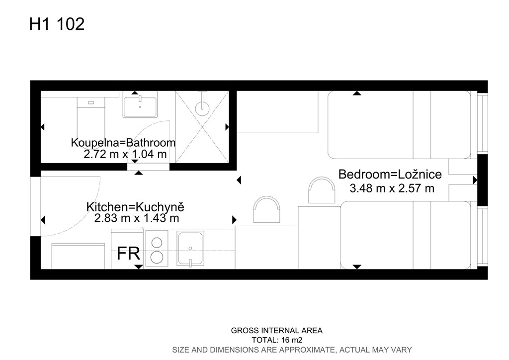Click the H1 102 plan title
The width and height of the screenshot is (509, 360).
[57, 24]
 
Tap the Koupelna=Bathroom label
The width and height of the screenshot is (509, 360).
[123, 143]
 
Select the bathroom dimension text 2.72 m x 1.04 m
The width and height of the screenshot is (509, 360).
[125, 154]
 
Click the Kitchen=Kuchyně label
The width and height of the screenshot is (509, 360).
[135, 207]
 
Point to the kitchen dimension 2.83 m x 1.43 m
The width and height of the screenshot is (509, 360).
[136, 218]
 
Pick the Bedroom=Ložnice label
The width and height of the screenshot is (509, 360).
[390, 175]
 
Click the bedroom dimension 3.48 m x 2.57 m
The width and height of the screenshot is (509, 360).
[392, 188]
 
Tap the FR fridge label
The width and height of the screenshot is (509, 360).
[128, 254]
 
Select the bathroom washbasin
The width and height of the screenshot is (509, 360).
[140, 104]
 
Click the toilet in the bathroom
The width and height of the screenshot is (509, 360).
[91, 117]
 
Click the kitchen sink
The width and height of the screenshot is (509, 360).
[190, 248]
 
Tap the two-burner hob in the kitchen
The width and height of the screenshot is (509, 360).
[157, 248]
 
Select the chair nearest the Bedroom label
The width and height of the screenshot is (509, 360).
[322, 190]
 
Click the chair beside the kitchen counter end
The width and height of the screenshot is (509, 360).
[266, 209]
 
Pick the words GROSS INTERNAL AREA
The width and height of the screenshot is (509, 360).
[276, 331]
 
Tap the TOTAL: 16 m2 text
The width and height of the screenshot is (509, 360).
[277, 340]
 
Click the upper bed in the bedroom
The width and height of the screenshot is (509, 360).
[399, 125]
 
